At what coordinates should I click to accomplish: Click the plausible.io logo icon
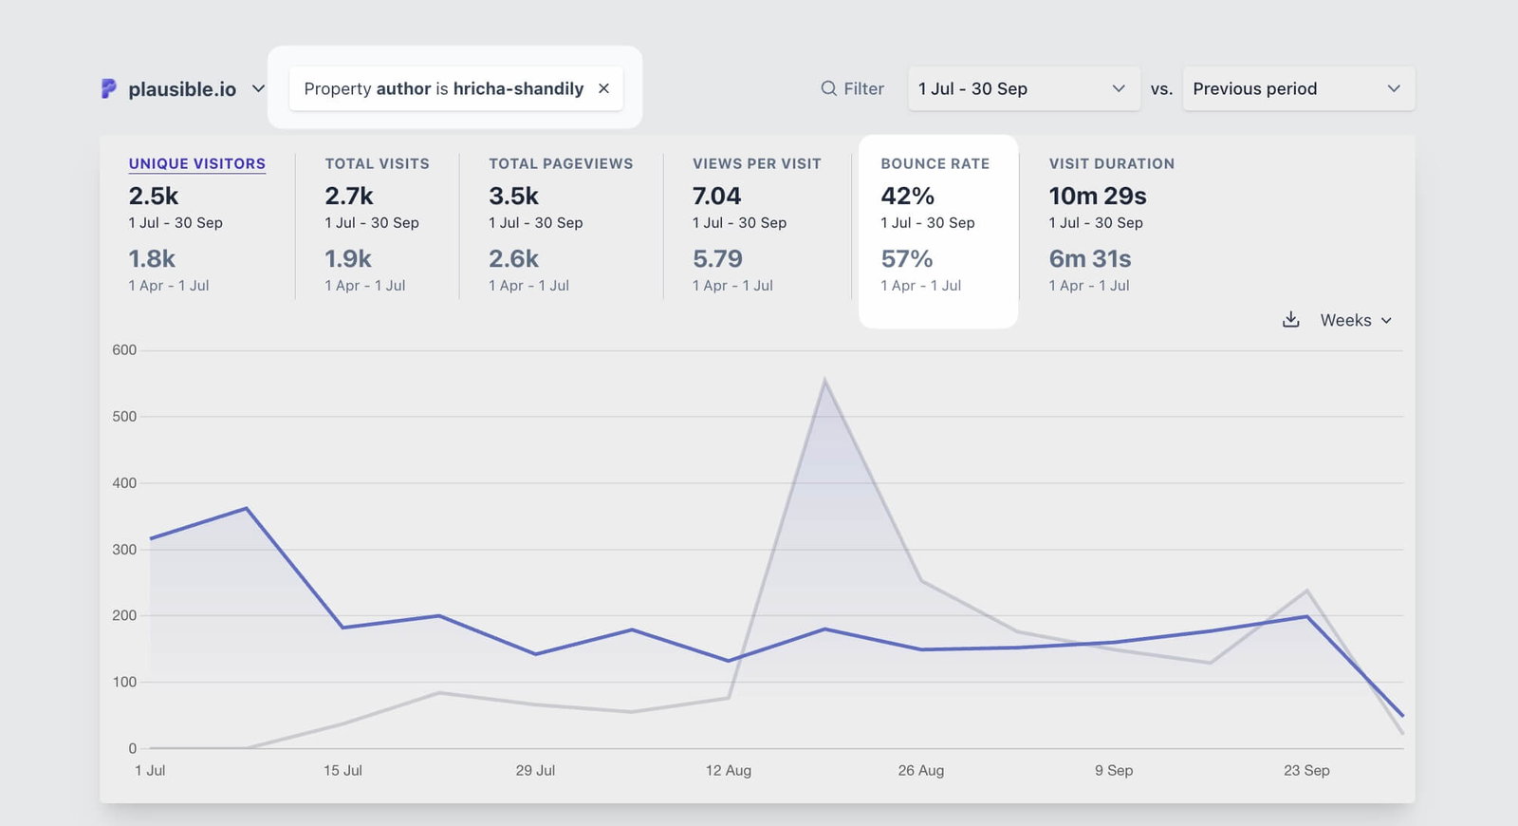pyautogui.click(x=109, y=88)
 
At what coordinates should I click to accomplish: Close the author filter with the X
pyautogui.click(x=603, y=88)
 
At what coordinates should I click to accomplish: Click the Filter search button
pyautogui.click(x=852, y=88)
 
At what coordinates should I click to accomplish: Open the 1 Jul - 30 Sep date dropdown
pyautogui.click(x=1023, y=88)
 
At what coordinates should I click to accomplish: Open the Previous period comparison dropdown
pyautogui.click(x=1297, y=88)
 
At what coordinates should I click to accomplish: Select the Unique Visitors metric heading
pyautogui.click(x=196, y=163)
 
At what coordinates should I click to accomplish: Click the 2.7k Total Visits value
pyautogui.click(x=348, y=196)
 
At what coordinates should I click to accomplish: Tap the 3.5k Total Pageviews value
pyautogui.click(x=513, y=196)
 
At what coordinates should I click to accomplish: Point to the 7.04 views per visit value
pyautogui.click(x=716, y=196)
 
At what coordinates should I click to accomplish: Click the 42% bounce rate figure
pyautogui.click(x=907, y=196)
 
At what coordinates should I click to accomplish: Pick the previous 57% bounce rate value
pyautogui.click(x=906, y=258)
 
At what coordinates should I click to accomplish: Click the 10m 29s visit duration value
pyautogui.click(x=1097, y=196)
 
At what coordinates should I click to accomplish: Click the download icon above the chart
pyautogui.click(x=1290, y=320)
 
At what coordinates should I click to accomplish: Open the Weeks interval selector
pyautogui.click(x=1355, y=320)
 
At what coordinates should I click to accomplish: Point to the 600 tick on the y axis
pyautogui.click(x=124, y=350)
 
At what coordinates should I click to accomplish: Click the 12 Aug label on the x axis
pyautogui.click(x=728, y=770)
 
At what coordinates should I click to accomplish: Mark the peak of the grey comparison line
pyautogui.click(x=824, y=381)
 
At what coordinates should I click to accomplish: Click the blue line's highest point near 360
pyautogui.click(x=247, y=508)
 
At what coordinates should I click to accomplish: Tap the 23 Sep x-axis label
pyautogui.click(x=1305, y=770)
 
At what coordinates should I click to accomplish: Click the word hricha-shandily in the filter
pyautogui.click(x=518, y=88)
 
